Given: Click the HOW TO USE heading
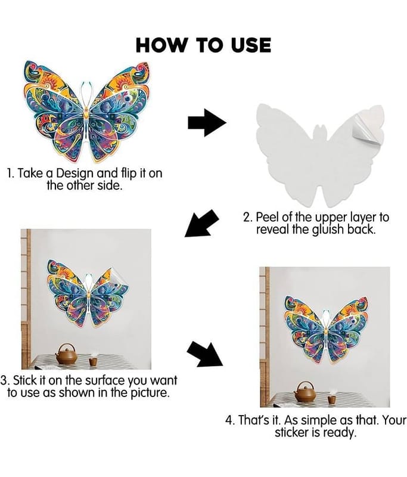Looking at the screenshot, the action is [x=203, y=45].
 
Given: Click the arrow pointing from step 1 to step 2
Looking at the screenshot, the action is [x=207, y=123].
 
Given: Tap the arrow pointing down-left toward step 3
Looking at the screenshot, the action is [x=201, y=223].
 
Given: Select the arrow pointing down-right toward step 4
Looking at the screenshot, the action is [x=204, y=354].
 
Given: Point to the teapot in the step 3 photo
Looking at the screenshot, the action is [x=66, y=354].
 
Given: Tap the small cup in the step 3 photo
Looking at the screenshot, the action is [x=93, y=361].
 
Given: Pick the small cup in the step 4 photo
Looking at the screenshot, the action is [x=331, y=399].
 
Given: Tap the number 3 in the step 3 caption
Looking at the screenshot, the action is [x=3, y=380].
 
